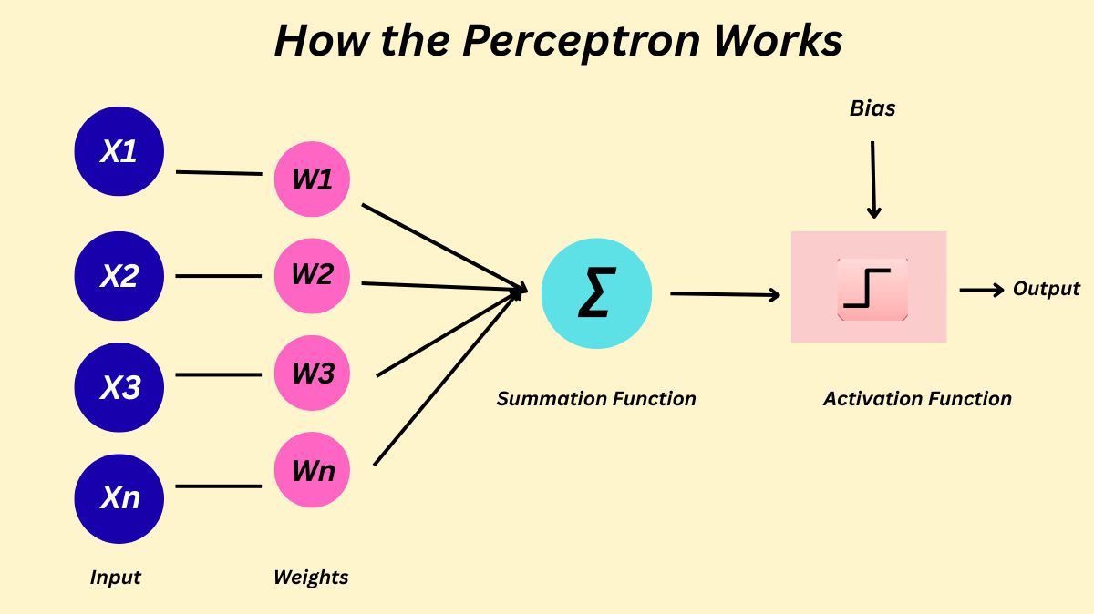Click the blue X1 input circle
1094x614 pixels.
pos(119,150)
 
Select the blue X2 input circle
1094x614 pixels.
pos(119,275)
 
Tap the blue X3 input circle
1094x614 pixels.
pos(119,387)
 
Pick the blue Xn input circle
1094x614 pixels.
pos(119,498)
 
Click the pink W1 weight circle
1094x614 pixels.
pos(313,179)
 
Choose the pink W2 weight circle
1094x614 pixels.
pos(313,275)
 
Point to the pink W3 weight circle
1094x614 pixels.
pos(313,374)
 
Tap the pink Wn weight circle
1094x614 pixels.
pos(313,471)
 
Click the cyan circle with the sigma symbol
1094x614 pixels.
pos(596,293)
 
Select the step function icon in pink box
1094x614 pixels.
pos(872,289)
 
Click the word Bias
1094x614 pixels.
pos(872,108)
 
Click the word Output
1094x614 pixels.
pos(1047,289)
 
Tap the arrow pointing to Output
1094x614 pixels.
pos(982,290)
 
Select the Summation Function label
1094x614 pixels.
pos(596,398)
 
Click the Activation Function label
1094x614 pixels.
pos(917,398)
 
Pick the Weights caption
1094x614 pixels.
pos(311,577)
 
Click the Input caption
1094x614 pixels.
pos(116,577)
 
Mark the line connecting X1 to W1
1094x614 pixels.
pos(219,172)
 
